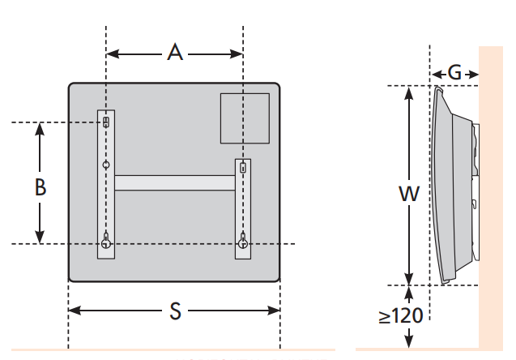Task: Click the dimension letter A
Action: [x=175, y=53]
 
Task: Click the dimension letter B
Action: [x=40, y=187]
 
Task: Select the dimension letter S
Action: [x=175, y=311]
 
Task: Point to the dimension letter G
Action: [x=455, y=73]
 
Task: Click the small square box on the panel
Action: [x=245, y=118]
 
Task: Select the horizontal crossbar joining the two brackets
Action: [x=175, y=182]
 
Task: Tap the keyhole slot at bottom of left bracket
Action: [x=106, y=242]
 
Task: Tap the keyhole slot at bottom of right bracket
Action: [x=243, y=242]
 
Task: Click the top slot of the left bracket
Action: [x=106, y=122]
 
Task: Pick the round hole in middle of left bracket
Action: [x=106, y=165]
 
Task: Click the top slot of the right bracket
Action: [x=243, y=168]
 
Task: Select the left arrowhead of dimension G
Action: [x=435, y=73]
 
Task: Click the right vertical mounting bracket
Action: [x=243, y=209]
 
